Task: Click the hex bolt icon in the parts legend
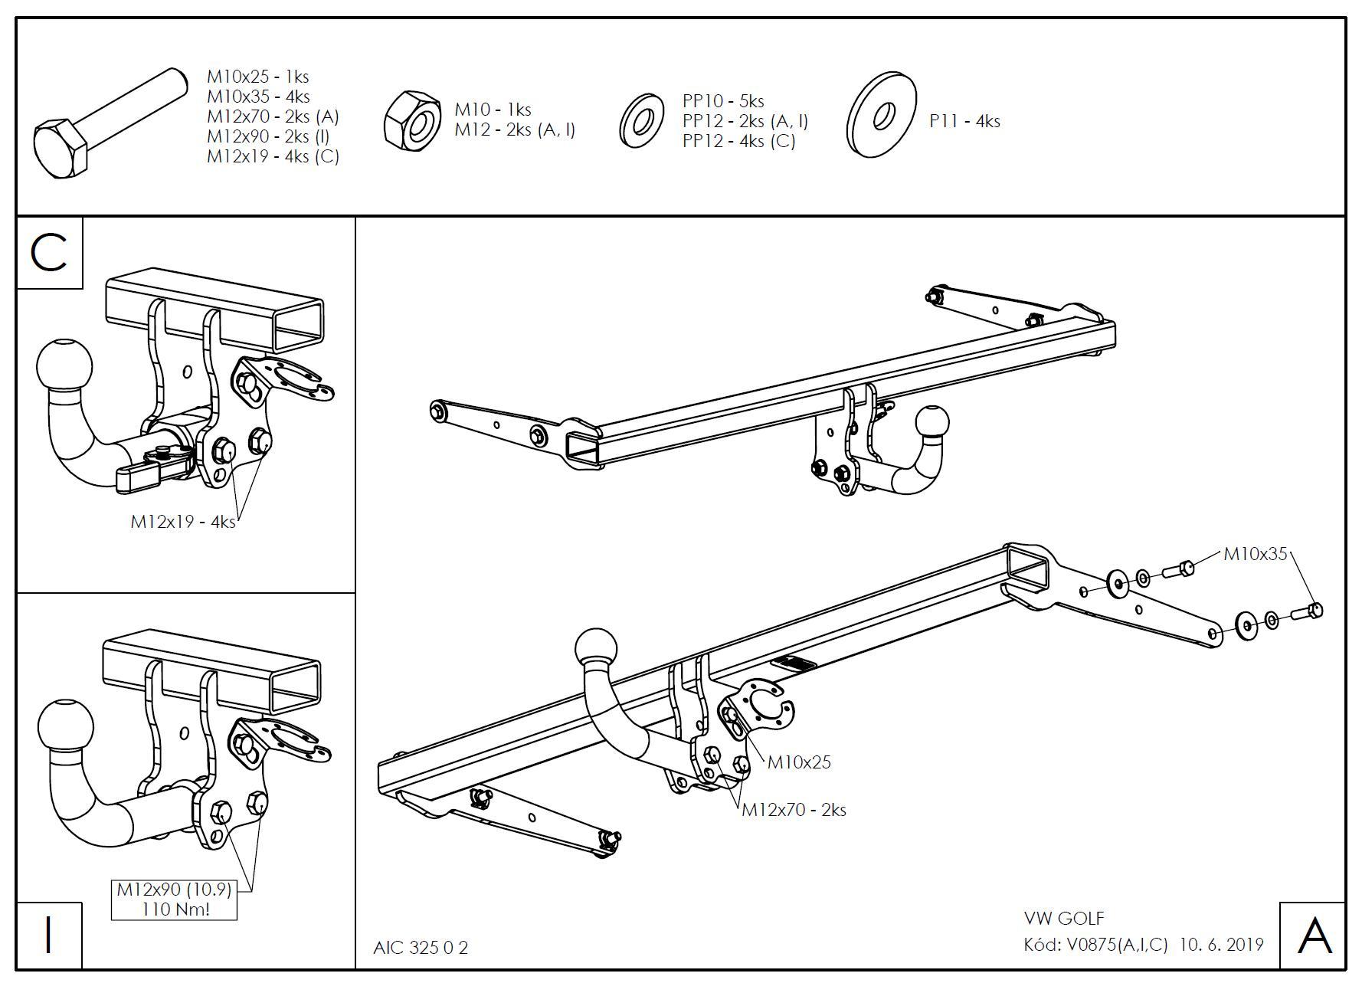107,123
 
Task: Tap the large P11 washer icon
882,116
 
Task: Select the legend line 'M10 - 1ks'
493,110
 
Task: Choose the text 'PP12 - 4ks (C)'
738,141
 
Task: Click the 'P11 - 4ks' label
964,121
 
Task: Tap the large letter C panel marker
50,253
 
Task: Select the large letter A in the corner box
1314,935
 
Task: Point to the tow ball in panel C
64,365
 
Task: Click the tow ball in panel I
65,726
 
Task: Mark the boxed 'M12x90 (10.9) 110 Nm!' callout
174,899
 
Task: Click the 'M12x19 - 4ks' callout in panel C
182,522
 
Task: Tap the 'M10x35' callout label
1256,554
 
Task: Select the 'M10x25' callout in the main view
799,762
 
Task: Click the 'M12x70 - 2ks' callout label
794,810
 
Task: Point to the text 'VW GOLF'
1064,918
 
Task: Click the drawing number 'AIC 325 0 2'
421,948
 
